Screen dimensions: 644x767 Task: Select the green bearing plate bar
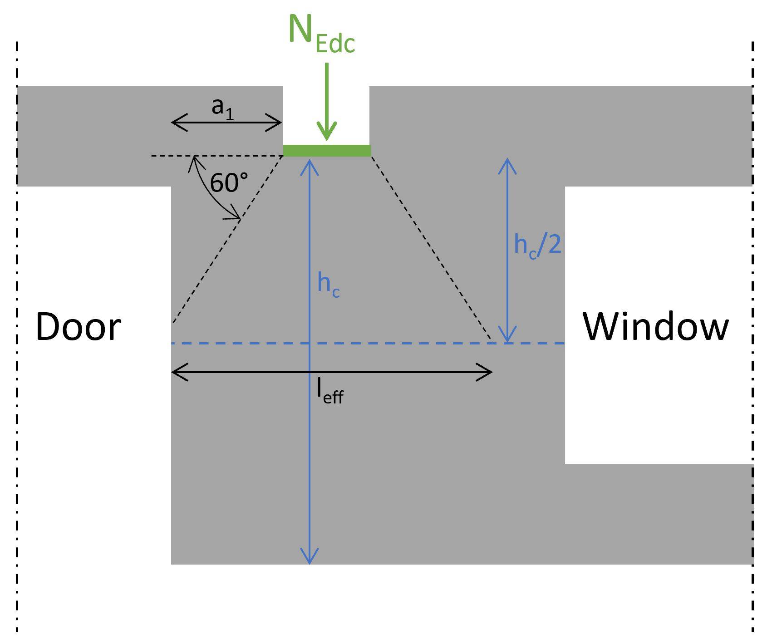(x=327, y=151)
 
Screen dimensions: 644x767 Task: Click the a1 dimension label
(x=223, y=109)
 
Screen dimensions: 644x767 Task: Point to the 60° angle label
(x=229, y=183)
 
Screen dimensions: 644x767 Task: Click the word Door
(x=79, y=327)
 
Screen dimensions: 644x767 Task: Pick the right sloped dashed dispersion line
(x=431, y=247)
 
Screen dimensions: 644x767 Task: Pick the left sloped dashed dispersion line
(x=227, y=241)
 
